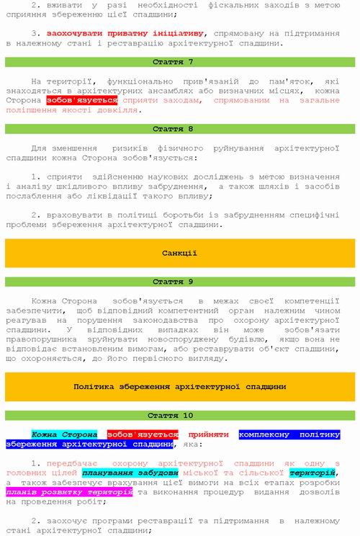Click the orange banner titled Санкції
179,254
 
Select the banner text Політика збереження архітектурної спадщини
179,387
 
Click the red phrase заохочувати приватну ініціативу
126,33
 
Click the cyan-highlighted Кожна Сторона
64,435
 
